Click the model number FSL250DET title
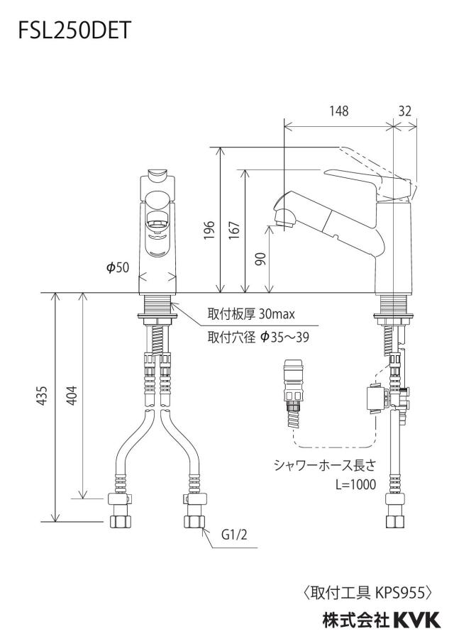74,30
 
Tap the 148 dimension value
339,111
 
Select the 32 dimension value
404,111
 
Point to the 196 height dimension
209,230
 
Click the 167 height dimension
233,230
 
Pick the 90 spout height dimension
260,260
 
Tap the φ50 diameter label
117,267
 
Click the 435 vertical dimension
42,396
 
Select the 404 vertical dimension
72,396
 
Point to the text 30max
277,314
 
